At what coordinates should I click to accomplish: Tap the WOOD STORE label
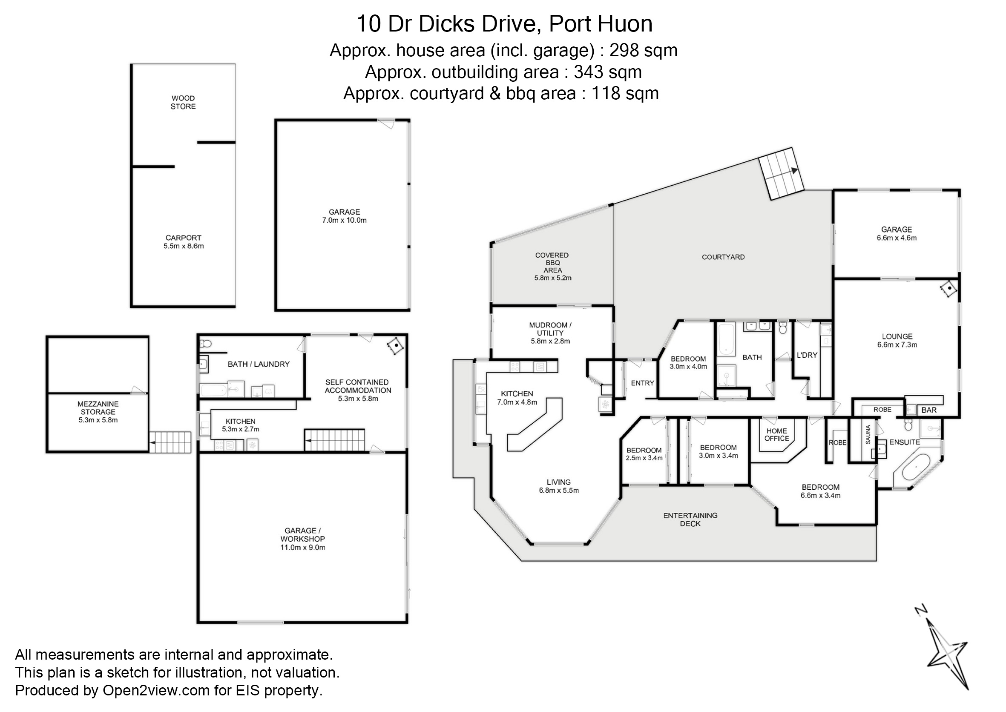(x=183, y=102)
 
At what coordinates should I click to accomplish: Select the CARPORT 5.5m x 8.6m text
(x=183, y=242)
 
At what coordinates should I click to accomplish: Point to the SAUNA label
(x=868, y=435)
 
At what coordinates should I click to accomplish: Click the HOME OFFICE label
(x=776, y=434)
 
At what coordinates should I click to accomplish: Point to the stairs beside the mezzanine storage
(x=170, y=442)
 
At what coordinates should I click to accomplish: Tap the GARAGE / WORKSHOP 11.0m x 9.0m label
(x=302, y=539)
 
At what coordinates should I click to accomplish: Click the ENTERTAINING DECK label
(x=690, y=520)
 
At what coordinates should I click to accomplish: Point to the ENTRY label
(x=642, y=383)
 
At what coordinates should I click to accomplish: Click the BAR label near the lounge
(x=929, y=411)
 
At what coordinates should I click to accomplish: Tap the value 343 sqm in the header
(x=607, y=72)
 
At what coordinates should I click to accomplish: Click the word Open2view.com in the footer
(x=156, y=690)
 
